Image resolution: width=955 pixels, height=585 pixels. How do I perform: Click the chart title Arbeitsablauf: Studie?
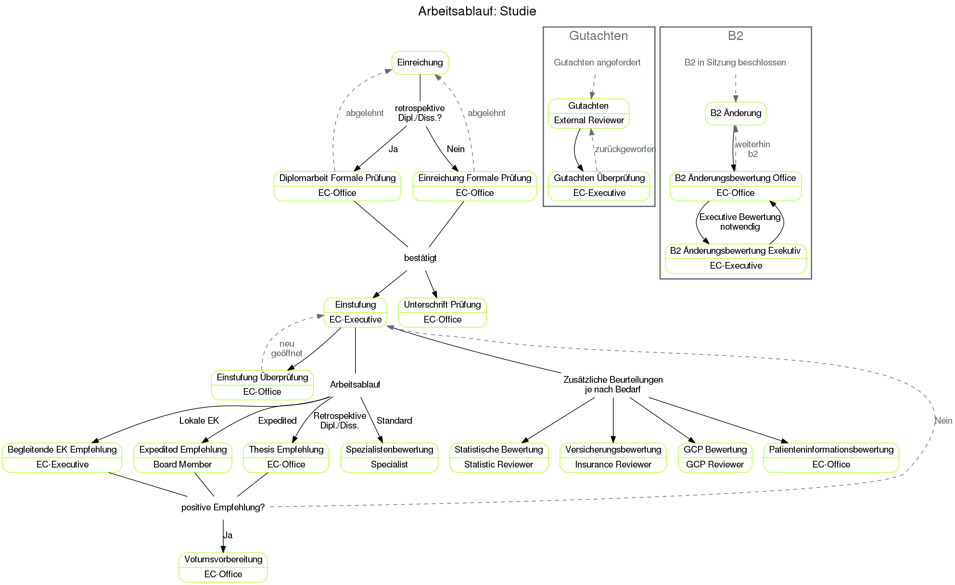[477, 11]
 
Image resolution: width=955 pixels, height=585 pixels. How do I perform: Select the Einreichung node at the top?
[420, 63]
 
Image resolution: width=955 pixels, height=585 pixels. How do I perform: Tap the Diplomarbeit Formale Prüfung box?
[337, 185]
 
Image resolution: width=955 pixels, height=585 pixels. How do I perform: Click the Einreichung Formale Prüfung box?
[474, 185]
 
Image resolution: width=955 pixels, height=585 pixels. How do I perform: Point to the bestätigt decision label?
[420, 258]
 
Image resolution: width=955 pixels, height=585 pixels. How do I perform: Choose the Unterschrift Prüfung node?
[442, 312]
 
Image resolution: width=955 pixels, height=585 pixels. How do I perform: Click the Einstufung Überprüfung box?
[262, 384]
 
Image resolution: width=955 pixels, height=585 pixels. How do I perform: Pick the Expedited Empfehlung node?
[183, 457]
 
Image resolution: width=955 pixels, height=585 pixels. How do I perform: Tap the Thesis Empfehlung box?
[286, 457]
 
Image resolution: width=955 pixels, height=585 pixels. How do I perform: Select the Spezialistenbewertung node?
[389, 457]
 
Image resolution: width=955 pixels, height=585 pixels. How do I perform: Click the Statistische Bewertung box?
[498, 457]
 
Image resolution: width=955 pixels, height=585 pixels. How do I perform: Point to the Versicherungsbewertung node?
[613, 457]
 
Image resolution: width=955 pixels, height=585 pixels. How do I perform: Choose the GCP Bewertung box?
[715, 457]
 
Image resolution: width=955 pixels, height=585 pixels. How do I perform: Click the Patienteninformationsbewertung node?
[831, 457]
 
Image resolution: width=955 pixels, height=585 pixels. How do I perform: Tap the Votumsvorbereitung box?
[223, 567]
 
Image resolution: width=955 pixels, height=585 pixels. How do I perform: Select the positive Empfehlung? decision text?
[223, 507]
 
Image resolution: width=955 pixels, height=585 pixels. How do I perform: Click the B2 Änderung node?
[736, 113]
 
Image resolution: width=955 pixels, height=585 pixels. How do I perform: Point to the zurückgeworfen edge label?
[625, 149]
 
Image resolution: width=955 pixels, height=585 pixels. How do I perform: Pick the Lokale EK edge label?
[199, 421]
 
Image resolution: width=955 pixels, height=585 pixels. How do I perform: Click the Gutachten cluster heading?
[598, 36]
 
